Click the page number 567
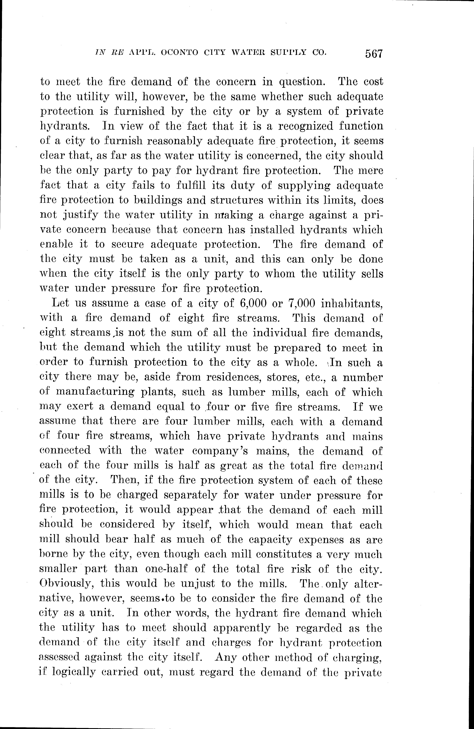374,54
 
